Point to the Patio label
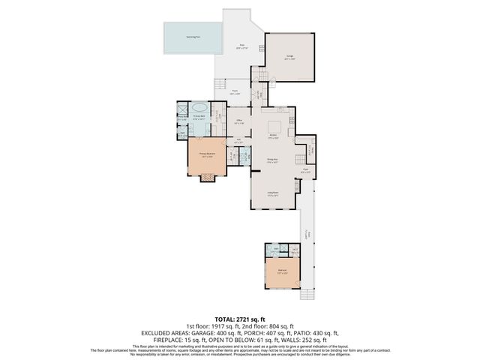click(243, 46)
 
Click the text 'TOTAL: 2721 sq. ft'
click(239, 319)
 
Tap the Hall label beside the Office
click(238, 139)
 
